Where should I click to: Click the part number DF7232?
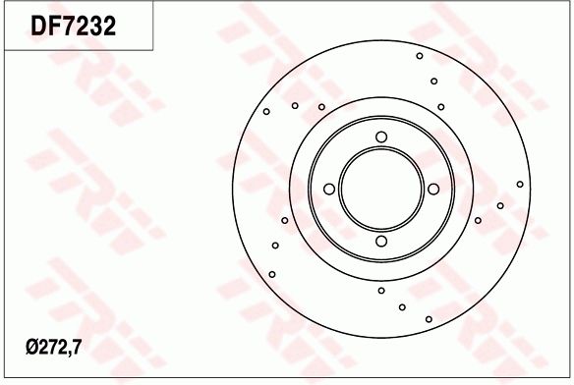75,27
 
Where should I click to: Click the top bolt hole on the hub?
381,137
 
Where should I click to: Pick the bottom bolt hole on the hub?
381,241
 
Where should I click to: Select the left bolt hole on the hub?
329,189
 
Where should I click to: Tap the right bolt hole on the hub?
432,189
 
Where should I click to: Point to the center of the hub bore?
381,189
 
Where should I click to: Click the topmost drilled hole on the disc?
420,56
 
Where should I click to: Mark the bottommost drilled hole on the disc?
430,318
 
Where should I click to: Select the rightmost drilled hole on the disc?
520,184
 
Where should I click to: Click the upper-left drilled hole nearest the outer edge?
266,112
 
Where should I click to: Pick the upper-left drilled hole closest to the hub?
321,106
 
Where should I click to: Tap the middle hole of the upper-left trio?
295,105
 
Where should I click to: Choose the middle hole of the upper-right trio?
433,82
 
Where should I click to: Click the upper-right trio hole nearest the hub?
441,107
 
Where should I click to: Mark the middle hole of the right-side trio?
500,205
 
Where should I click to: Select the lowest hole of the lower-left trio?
272,274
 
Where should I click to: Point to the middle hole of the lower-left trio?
275,245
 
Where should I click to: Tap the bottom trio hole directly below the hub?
381,290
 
